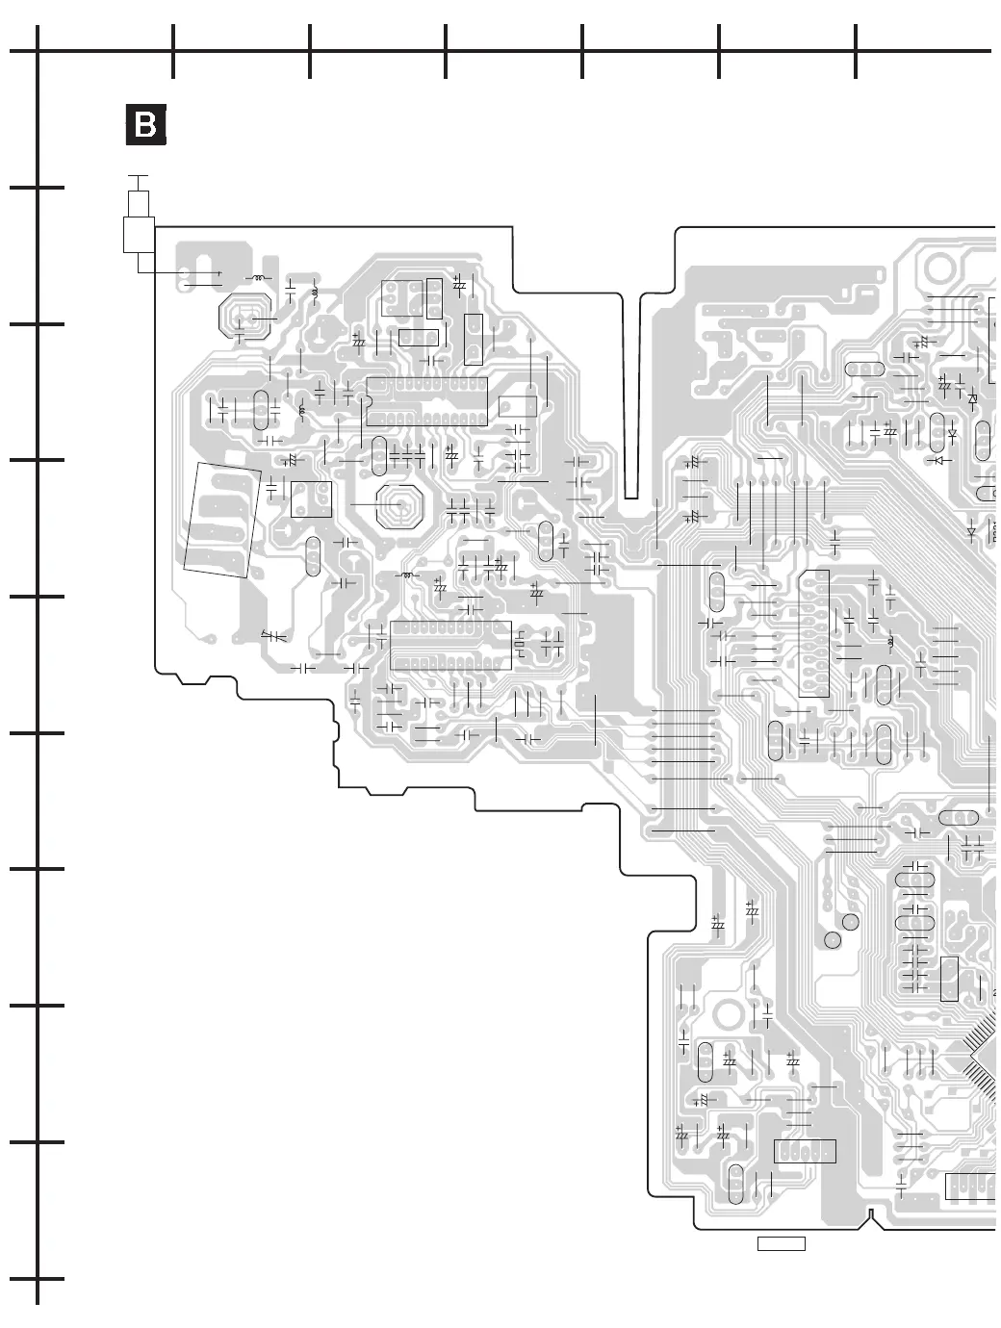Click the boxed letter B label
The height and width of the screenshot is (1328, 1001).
(x=145, y=125)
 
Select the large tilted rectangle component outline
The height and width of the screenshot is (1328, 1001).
(x=222, y=520)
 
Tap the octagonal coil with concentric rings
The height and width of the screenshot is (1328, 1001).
(x=399, y=504)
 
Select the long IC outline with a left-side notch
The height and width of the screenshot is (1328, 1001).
(x=426, y=401)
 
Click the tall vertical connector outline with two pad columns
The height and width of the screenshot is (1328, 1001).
(x=813, y=633)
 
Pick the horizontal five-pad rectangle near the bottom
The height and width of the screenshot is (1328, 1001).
(x=805, y=1151)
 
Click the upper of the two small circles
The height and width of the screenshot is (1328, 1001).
(x=851, y=923)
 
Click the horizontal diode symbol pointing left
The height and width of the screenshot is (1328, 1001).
(x=971, y=530)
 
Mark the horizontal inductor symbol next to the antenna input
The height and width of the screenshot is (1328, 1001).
(x=257, y=278)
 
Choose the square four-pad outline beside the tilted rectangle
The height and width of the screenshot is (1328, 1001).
(x=311, y=498)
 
